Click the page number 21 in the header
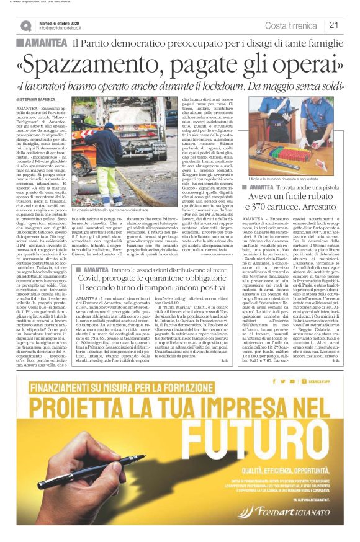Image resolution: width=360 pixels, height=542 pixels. (x=333, y=25)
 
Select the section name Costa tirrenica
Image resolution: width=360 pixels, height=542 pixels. (x=291, y=25)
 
